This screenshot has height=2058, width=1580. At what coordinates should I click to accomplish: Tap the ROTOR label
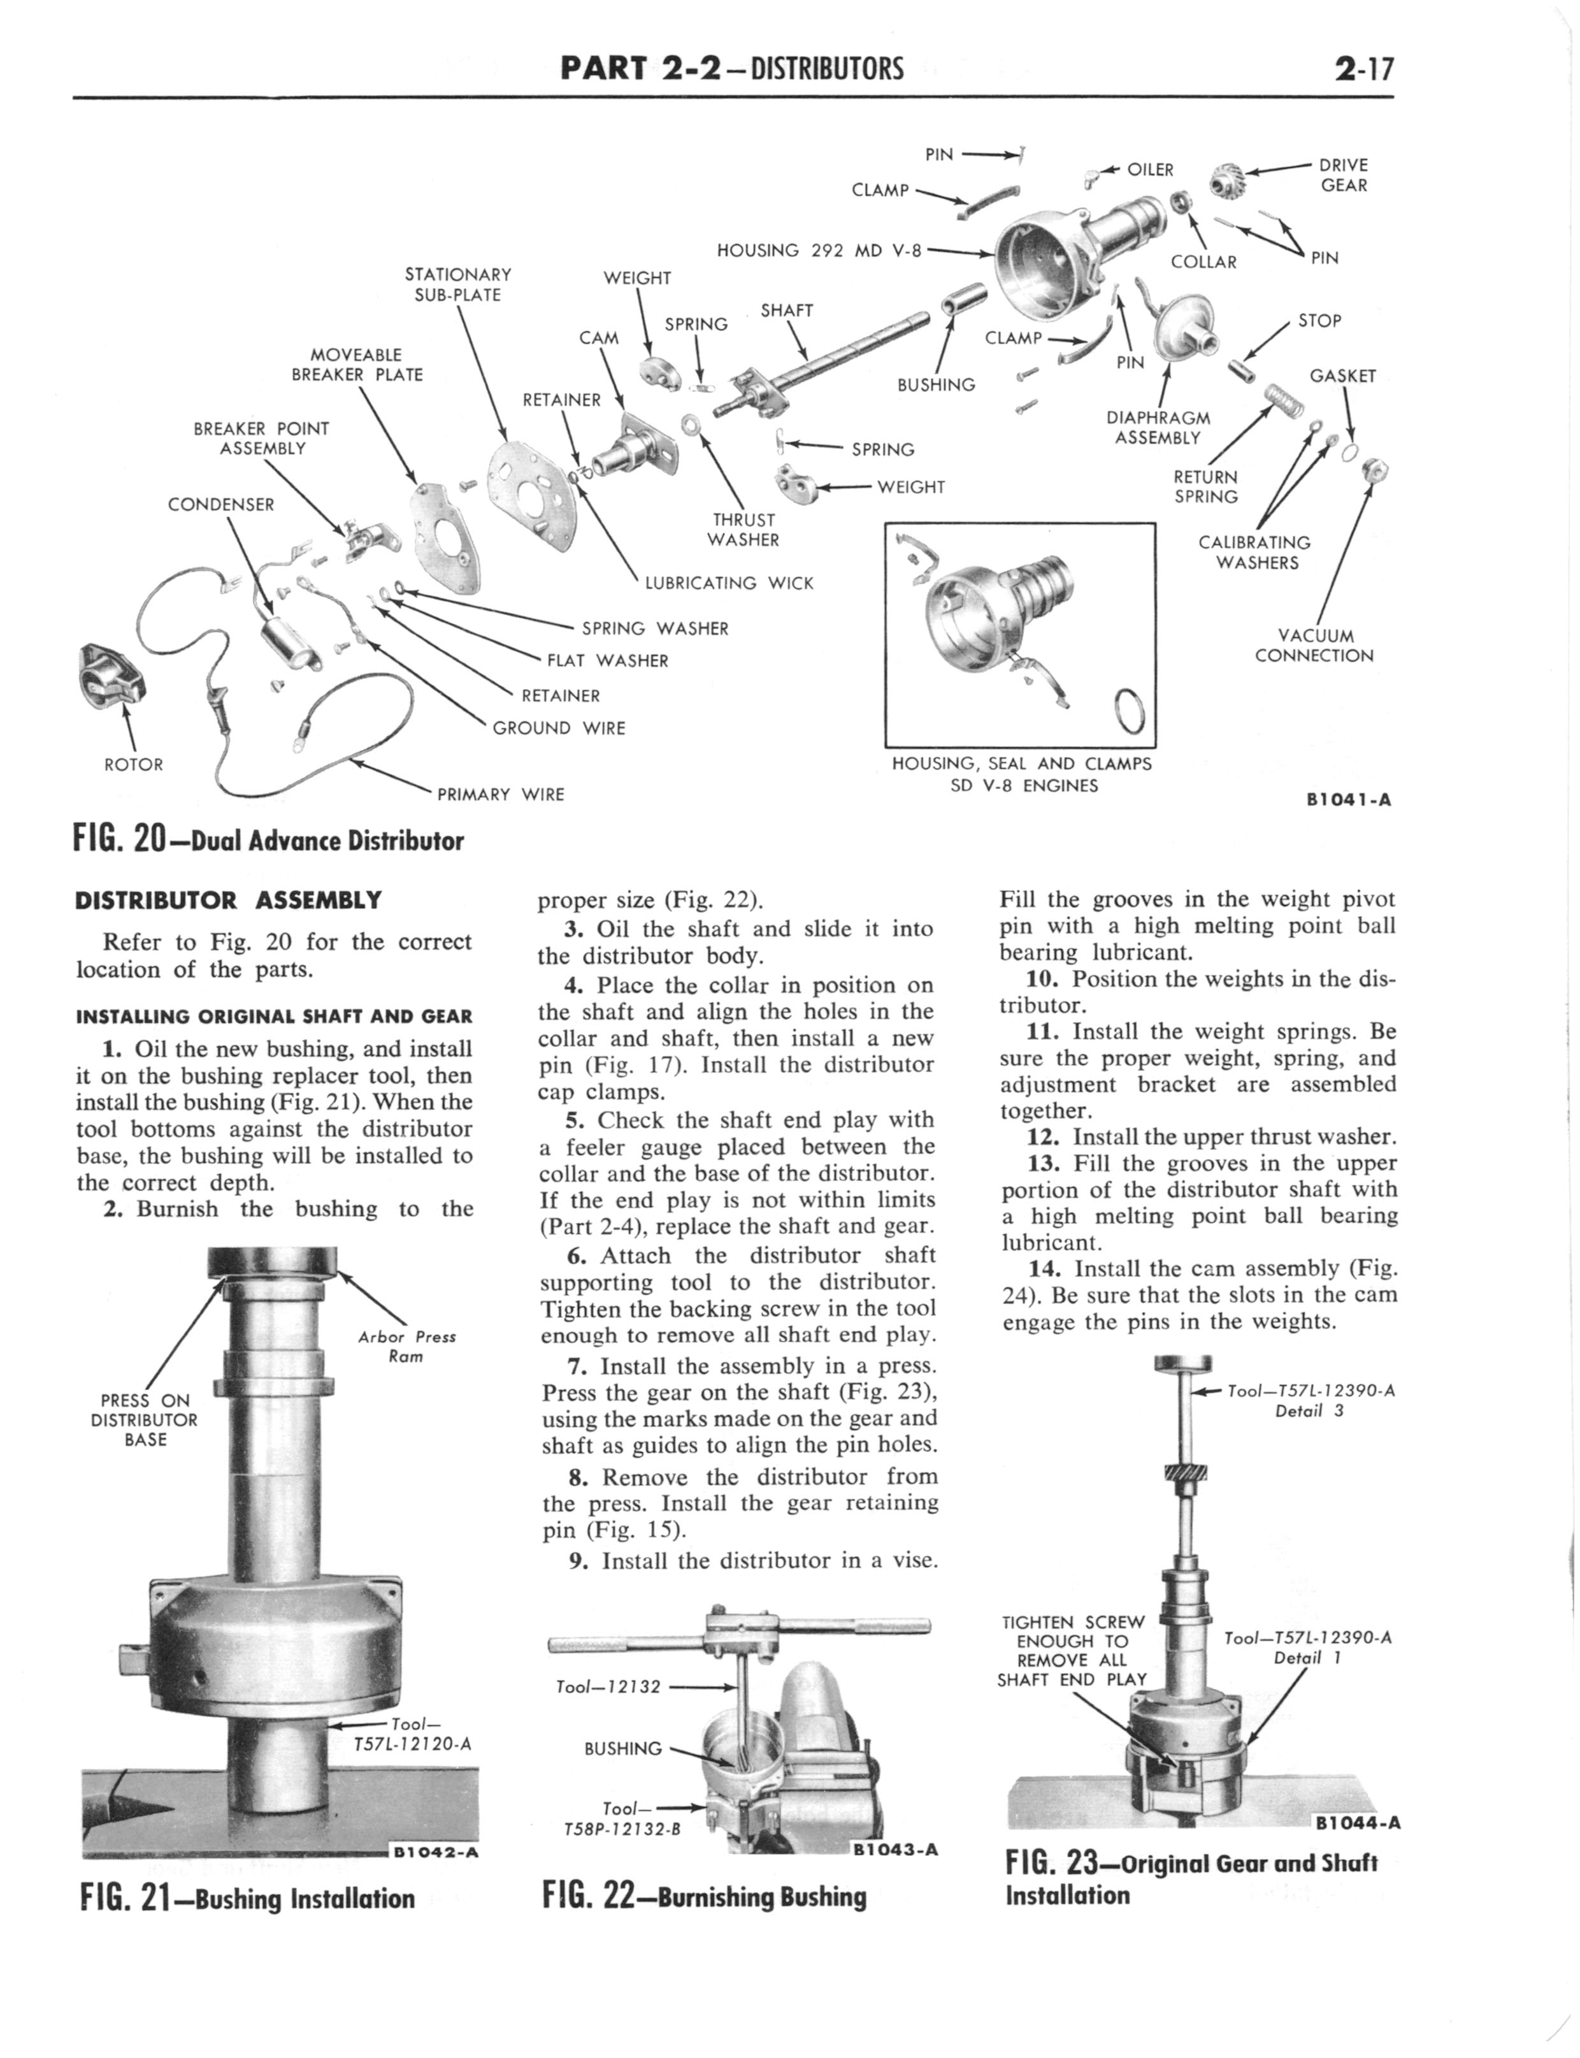pos(134,765)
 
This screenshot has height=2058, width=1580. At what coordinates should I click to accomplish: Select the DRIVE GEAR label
pos(1343,175)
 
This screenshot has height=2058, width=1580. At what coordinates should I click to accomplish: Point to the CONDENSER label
pos(221,504)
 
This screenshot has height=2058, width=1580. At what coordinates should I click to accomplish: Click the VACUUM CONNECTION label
pos(1314,646)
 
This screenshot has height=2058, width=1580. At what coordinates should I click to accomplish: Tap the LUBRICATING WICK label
pos(729,583)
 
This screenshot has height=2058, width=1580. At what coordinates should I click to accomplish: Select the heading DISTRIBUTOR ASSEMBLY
pos(229,900)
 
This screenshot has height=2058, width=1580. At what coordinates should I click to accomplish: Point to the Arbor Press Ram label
pos(406,1346)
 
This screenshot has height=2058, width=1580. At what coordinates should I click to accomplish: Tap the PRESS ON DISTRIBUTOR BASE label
pos(144,1419)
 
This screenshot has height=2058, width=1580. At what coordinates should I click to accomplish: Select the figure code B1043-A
pos(894,1849)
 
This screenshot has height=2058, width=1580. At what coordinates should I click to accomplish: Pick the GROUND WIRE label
pos(559,728)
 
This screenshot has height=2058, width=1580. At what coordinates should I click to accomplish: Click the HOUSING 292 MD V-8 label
pos(818,250)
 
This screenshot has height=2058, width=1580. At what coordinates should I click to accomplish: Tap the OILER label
pos(1150,170)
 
